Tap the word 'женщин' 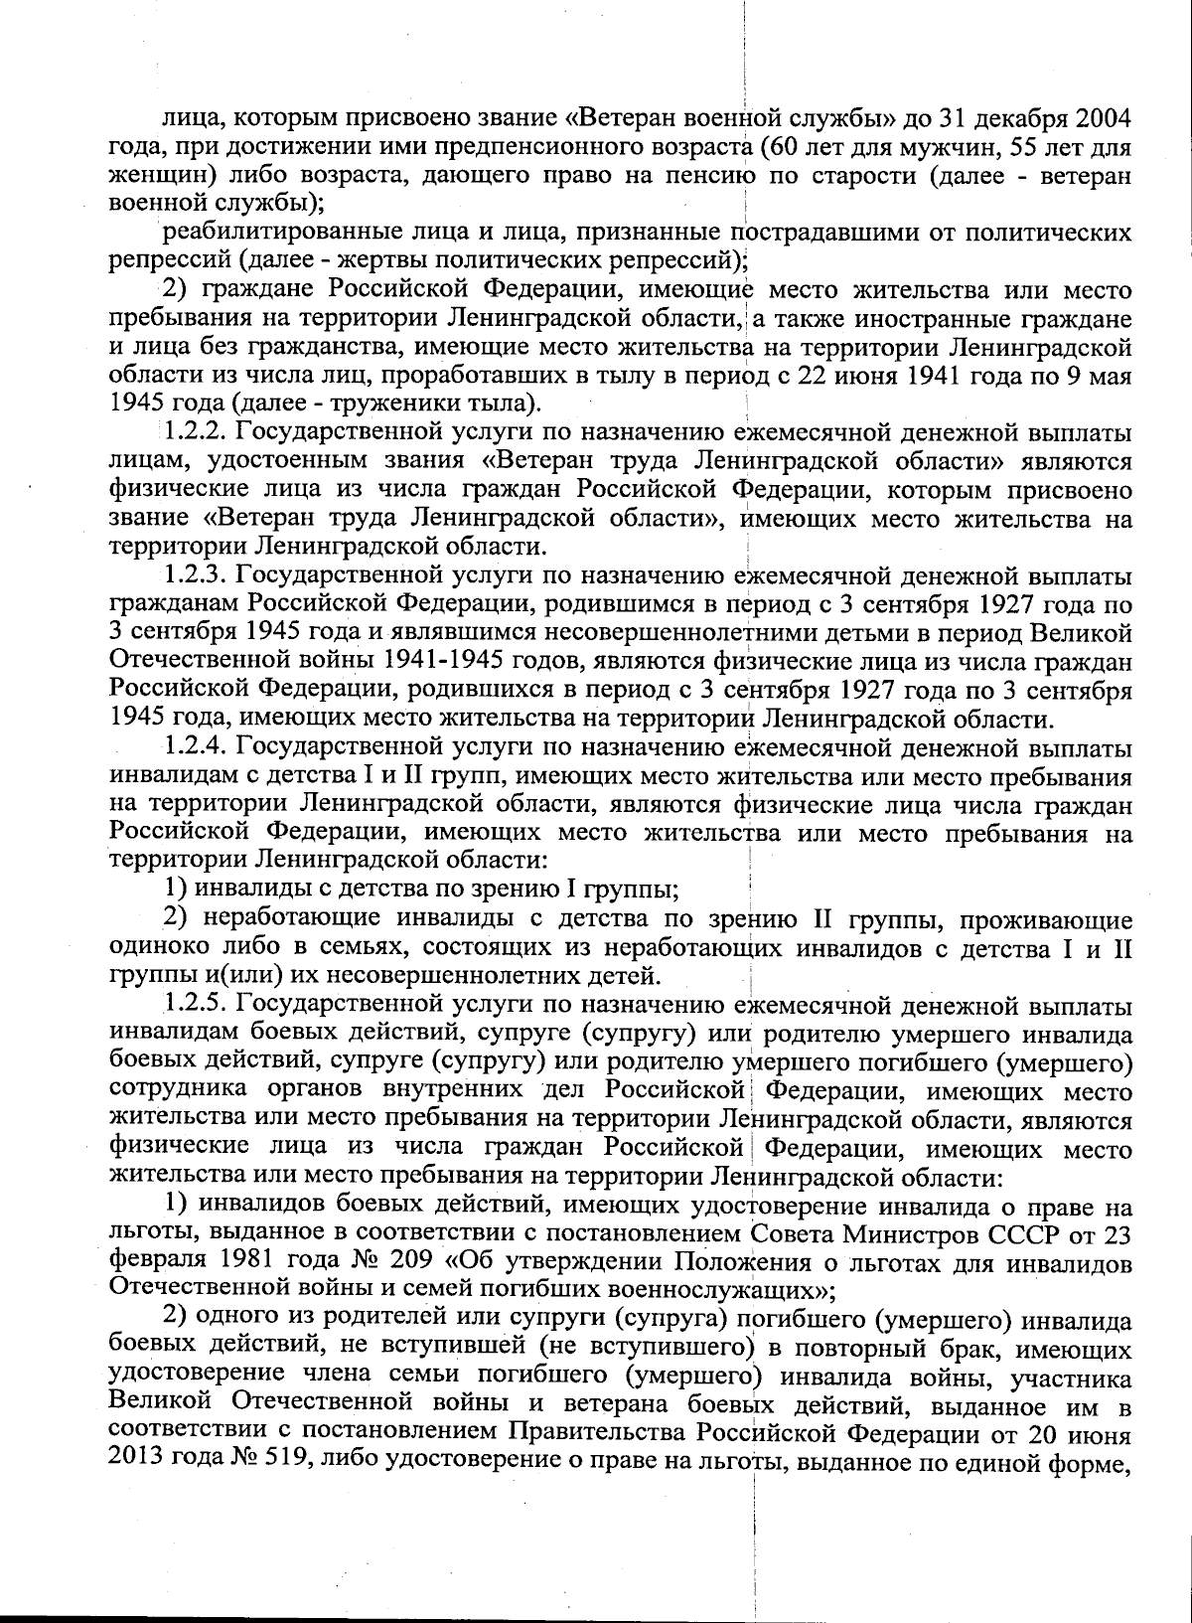click(x=151, y=176)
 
